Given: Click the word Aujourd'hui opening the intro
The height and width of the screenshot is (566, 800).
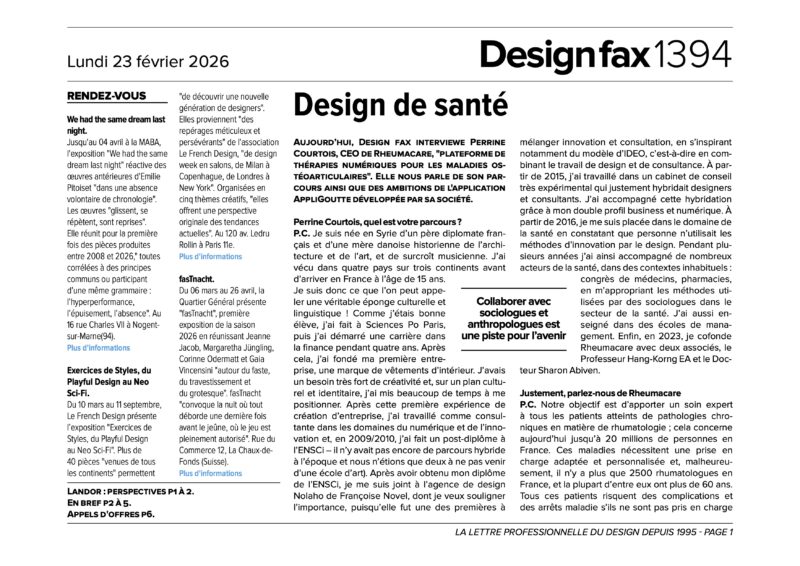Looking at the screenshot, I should [325, 144].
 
